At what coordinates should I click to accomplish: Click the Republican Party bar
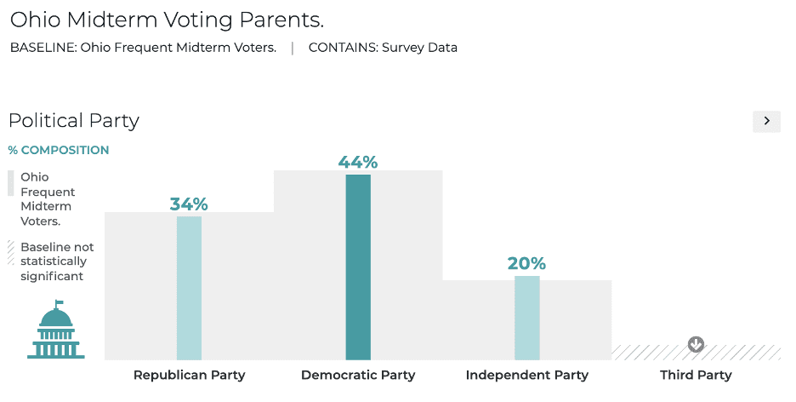(189, 288)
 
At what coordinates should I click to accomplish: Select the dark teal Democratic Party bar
(358, 267)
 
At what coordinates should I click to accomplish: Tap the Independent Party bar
(526, 318)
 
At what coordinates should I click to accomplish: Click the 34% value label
(189, 204)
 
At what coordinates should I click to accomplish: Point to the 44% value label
(358, 162)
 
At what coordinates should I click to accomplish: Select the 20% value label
(526, 263)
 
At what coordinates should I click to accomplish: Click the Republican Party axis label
(189, 375)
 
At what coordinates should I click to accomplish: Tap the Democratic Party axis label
(358, 375)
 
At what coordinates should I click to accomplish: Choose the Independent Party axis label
(526, 375)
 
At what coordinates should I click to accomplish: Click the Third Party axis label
(696, 375)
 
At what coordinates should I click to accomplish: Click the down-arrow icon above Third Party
(696, 345)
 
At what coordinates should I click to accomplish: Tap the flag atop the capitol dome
(60, 302)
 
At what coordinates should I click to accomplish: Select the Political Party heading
(74, 121)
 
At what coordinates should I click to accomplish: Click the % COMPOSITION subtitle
(59, 151)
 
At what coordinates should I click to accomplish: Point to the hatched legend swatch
(11, 251)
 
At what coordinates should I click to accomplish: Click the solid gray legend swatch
(11, 184)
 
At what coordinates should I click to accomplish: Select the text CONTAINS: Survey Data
(383, 48)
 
